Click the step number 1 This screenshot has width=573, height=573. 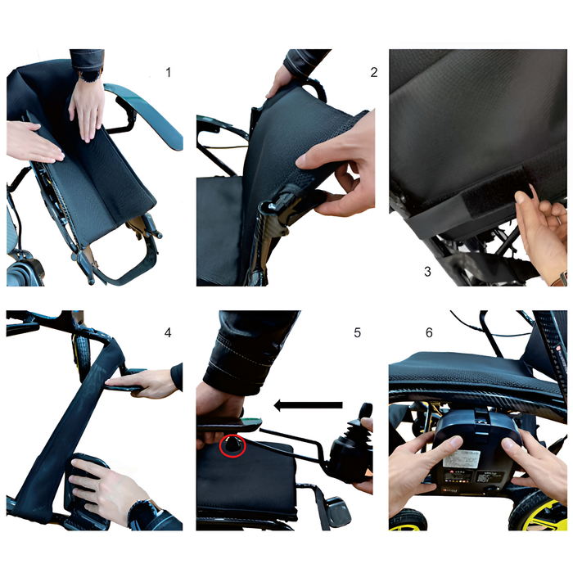(x=168, y=72)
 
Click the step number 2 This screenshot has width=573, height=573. (x=373, y=72)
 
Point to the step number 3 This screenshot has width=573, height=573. (x=427, y=272)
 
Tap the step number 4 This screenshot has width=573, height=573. (x=168, y=332)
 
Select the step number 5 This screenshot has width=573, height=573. (x=358, y=332)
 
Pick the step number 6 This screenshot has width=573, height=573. (x=429, y=332)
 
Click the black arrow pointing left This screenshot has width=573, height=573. (x=308, y=405)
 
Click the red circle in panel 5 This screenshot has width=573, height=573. (x=232, y=445)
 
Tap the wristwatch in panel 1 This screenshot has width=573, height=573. (x=89, y=75)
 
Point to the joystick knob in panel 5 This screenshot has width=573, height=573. (x=365, y=411)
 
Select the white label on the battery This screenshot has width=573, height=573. (x=461, y=459)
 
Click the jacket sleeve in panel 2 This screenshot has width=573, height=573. (x=305, y=62)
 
